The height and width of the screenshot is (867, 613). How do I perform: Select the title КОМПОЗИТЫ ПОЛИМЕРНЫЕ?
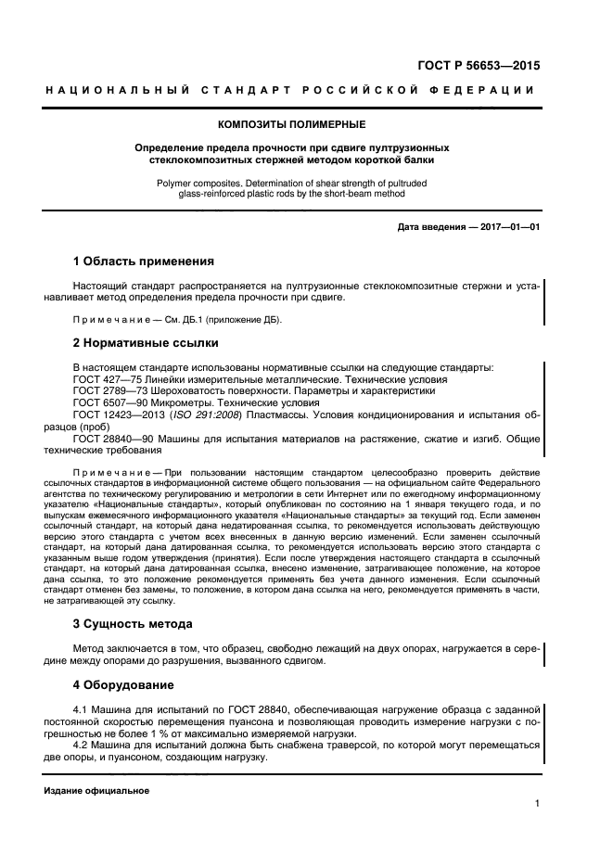(x=291, y=124)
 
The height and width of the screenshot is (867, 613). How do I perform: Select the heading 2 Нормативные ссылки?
(x=146, y=343)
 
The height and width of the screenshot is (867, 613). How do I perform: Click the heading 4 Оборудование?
(x=123, y=685)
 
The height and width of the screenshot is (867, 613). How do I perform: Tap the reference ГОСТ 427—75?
(x=104, y=379)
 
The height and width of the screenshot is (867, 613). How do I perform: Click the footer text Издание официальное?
(x=96, y=791)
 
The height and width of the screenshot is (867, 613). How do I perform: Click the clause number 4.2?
(x=81, y=746)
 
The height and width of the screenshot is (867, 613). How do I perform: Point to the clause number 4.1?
(x=81, y=709)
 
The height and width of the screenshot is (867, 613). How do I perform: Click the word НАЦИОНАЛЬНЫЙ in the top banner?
(x=105, y=90)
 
